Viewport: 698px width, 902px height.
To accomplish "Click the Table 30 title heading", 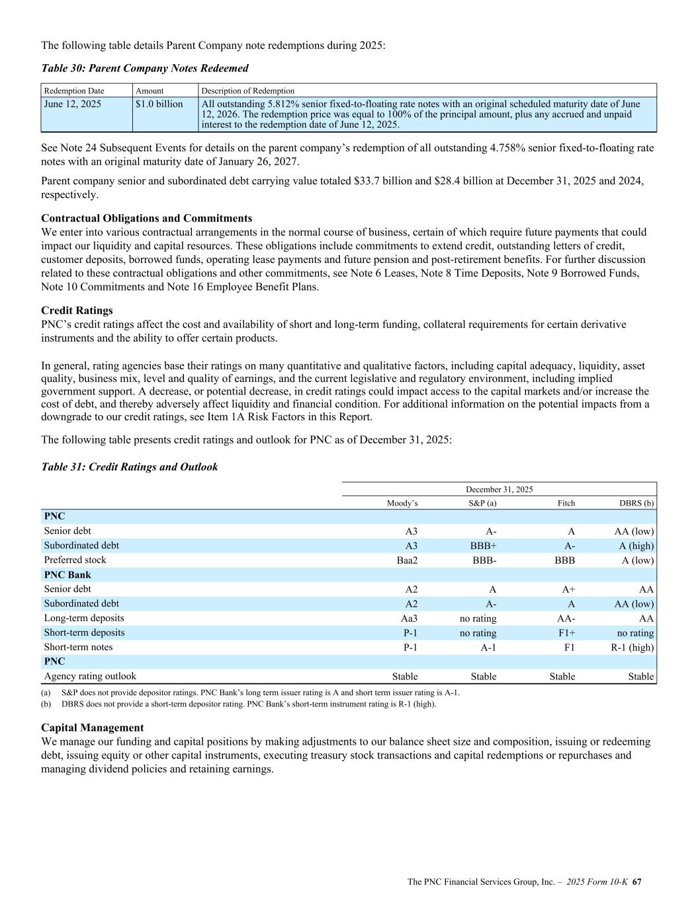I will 145,68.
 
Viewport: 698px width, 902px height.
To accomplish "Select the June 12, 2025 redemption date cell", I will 72,104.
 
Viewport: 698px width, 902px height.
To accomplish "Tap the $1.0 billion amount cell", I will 159,104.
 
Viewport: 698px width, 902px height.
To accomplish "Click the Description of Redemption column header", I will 248,91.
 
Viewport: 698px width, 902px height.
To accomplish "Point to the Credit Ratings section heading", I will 77,310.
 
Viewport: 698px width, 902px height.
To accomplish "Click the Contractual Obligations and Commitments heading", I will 146,218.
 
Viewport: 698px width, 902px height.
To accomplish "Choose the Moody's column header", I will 402,504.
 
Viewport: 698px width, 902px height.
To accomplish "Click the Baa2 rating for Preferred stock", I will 405,560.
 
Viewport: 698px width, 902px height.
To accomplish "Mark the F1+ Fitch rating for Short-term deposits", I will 564,633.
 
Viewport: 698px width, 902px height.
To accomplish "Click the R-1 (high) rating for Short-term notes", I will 632,648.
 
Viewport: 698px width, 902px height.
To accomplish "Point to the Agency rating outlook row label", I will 90,676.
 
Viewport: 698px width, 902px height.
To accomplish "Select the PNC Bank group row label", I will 67,575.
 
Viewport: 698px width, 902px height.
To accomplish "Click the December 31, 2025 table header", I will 499,490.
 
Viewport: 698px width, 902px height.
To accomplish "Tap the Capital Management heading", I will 92,728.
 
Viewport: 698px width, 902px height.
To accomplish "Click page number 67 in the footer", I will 638,882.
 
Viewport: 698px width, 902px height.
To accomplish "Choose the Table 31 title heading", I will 129,467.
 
